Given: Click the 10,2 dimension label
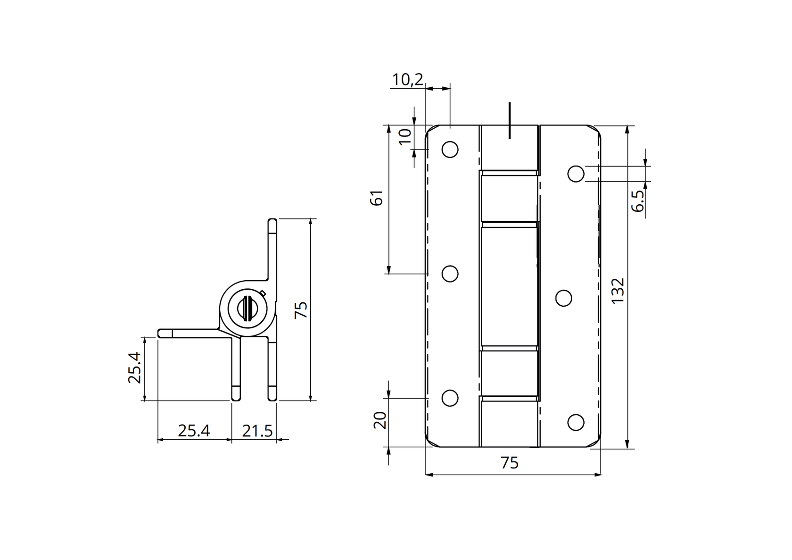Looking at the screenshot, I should coord(407,79).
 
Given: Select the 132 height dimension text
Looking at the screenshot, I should coord(618,291).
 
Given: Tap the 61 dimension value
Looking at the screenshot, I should coord(376,198).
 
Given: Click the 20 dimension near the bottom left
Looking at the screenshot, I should coord(380,420).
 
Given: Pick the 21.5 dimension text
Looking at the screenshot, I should coord(257,430).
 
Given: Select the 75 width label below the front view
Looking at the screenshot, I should coord(510,463).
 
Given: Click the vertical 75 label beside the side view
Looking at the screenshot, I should coord(301,309).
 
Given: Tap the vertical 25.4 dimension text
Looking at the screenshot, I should coord(135,368).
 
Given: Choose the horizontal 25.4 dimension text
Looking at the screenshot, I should coord(194,430).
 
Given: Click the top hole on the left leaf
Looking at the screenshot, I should coord(450,150).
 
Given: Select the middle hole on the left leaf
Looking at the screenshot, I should coord(450,274).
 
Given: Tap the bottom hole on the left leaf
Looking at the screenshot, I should coord(450,398).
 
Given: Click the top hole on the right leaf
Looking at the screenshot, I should coord(576,174).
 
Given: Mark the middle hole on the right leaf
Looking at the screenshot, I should coord(564,298).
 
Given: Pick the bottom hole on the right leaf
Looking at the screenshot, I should coord(576,422).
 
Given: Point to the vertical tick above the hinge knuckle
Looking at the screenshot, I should coord(510,120).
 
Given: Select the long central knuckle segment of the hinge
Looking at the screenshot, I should coord(509,285).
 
